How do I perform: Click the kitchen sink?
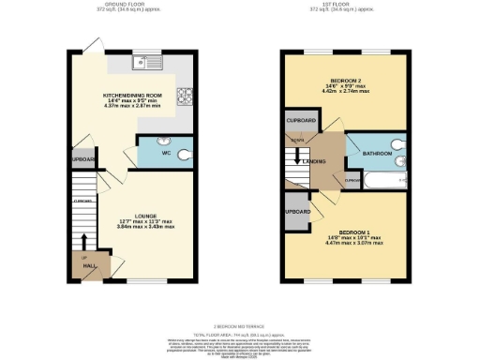tap(145, 65)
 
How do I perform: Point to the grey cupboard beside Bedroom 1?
tap(296, 211)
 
